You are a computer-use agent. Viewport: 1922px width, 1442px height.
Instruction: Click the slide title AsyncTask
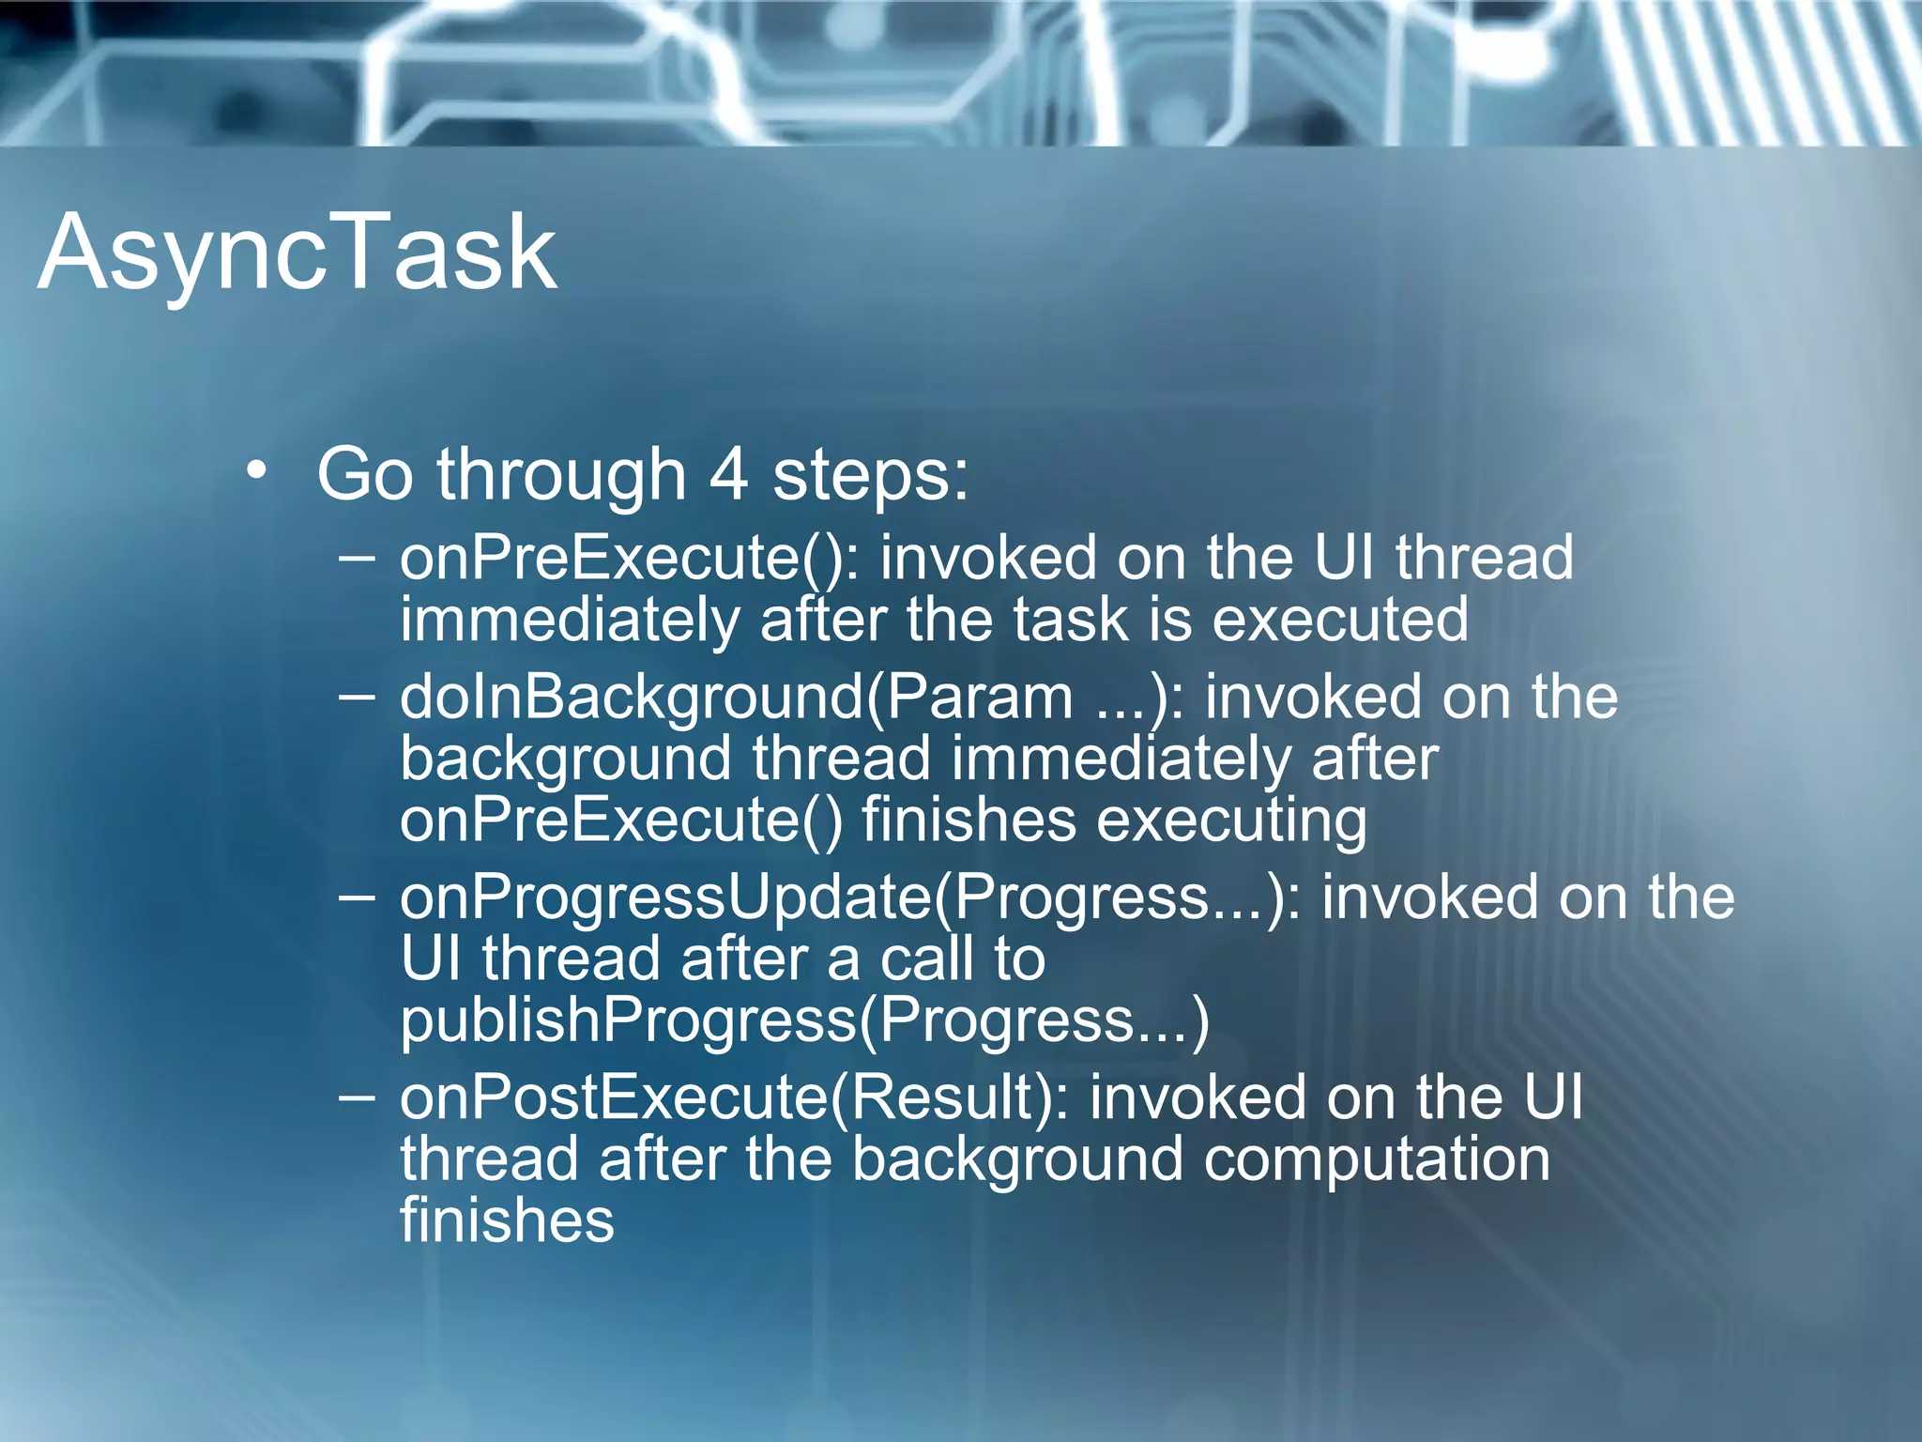coord(297,252)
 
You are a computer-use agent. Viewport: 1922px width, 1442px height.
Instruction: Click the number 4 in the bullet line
coord(728,474)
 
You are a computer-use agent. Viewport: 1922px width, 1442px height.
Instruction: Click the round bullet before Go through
coord(257,469)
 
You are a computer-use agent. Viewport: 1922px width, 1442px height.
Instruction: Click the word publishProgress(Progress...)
coord(804,1020)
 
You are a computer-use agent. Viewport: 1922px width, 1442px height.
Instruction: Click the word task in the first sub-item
coord(1071,621)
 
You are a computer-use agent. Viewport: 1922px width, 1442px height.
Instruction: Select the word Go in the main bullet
coord(364,474)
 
